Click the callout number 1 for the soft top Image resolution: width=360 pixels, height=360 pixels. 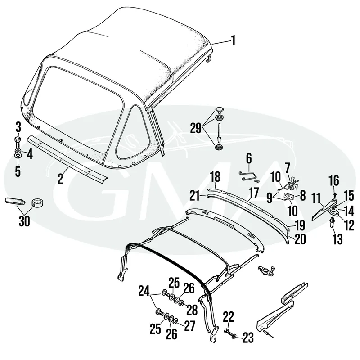[x=233, y=41]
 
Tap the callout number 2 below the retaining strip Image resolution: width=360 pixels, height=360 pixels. [x=60, y=179]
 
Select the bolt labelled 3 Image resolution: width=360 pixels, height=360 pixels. [x=18, y=142]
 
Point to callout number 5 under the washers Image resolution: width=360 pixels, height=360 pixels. [x=18, y=171]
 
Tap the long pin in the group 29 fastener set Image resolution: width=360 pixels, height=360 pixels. [x=220, y=133]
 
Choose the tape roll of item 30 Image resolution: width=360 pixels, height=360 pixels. [x=37, y=203]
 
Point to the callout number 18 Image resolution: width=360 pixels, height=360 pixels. [x=216, y=177]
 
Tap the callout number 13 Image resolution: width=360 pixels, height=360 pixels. [x=338, y=239]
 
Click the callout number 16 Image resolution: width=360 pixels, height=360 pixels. [x=334, y=181]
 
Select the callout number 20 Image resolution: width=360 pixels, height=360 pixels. [x=300, y=239]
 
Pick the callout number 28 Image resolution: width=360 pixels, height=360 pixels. [x=192, y=310]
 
